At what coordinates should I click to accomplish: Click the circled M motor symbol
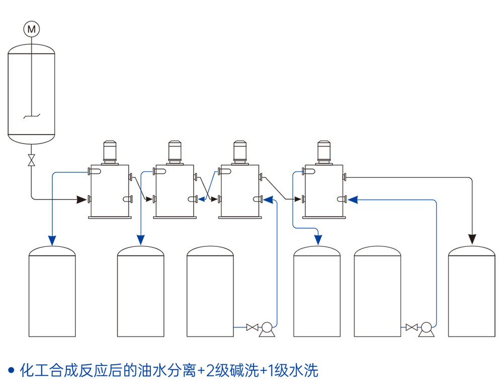[31, 29]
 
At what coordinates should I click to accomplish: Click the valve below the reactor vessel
[31, 161]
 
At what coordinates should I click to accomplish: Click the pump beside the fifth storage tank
[427, 329]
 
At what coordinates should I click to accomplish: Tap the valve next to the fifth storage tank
[412, 328]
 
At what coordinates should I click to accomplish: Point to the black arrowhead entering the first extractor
[80, 200]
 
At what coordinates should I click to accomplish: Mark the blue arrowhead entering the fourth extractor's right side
[353, 200]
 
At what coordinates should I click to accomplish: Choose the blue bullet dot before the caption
[11, 371]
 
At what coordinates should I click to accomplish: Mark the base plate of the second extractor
[175, 218]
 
